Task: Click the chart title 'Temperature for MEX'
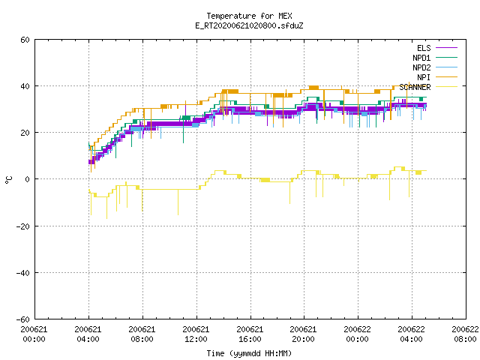[x=249, y=16]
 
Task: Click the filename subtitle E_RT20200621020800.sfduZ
[x=249, y=25]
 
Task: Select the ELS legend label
[x=424, y=48]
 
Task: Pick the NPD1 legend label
[x=421, y=58]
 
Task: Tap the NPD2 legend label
[x=421, y=67]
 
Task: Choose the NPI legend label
[x=424, y=77]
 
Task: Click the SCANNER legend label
[x=415, y=87]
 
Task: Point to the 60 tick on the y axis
[x=25, y=40]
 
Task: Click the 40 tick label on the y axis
[x=25, y=86]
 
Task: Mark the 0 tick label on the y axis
[x=28, y=179]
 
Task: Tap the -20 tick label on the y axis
[x=23, y=226]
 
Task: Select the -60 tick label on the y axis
[x=23, y=319]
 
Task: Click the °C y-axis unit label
[x=8, y=180]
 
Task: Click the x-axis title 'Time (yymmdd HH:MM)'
[x=249, y=353]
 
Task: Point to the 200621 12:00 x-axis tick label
[x=196, y=334]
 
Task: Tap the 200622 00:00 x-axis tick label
[x=357, y=334]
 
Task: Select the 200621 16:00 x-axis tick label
[x=250, y=334]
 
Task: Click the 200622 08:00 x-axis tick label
[x=465, y=334]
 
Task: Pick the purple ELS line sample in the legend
[x=446, y=48]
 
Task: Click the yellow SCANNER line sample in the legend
[x=446, y=87]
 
